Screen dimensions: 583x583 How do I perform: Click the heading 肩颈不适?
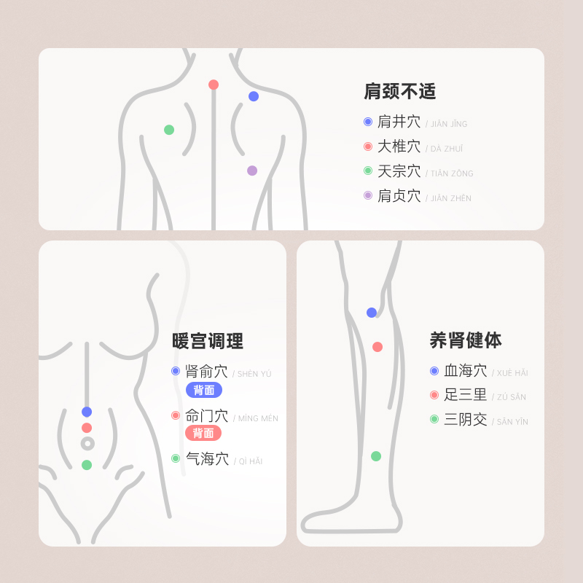pyautogui.click(x=399, y=92)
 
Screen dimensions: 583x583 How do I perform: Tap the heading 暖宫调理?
pyautogui.click(x=208, y=341)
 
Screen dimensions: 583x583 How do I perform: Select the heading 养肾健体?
pyautogui.click(x=466, y=340)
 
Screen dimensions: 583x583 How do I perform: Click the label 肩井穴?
pyautogui.click(x=399, y=122)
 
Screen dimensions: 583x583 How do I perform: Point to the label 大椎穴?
pyautogui.click(x=399, y=146)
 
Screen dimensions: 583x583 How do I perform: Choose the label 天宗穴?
pyautogui.click(x=399, y=171)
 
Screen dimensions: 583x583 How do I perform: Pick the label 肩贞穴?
pyautogui.click(x=399, y=196)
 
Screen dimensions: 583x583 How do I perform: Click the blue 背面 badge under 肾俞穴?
pyautogui.click(x=204, y=390)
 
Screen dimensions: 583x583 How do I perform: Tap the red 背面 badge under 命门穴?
pyautogui.click(x=203, y=433)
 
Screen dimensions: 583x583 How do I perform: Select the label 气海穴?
pyautogui.click(x=207, y=459)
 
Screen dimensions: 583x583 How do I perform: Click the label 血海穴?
pyautogui.click(x=465, y=371)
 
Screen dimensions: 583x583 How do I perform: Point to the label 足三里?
pyautogui.click(x=465, y=395)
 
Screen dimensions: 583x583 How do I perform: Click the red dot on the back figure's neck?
pyautogui.click(x=214, y=85)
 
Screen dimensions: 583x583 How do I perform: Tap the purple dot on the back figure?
pyautogui.click(x=252, y=171)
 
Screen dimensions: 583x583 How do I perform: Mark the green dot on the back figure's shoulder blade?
pyautogui.click(x=169, y=130)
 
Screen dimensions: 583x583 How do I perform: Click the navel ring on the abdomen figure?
pyautogui.click(x=87, y=443)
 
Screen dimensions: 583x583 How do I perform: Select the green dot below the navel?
pyautogui.click(x=87, y=465)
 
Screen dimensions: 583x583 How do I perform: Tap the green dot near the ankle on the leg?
pyautogui.click(x=376, y=456)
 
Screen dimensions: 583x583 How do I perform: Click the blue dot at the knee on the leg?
pyautogui.click(x=372, y=313)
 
